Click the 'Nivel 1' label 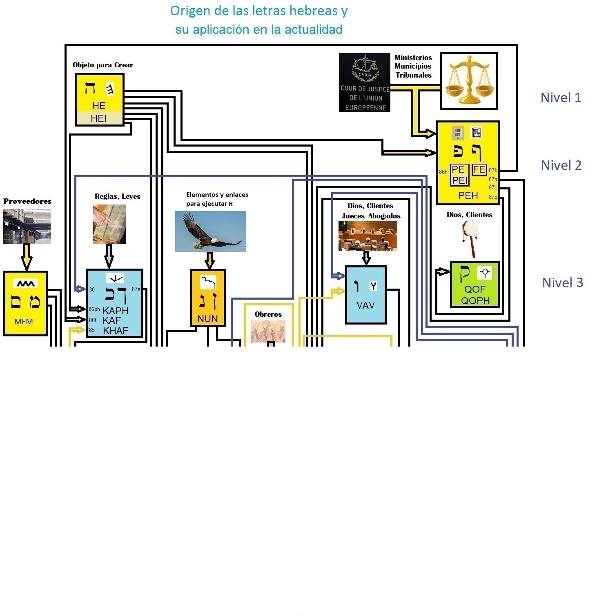point(561,98)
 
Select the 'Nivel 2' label point(561,165)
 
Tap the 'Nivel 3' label point(562,282)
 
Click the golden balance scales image point(469,81)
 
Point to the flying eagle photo point(210,231)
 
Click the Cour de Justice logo point(364,82)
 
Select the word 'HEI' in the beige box point(98,118)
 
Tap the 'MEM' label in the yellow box point(24,322)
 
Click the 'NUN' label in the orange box point(207,319)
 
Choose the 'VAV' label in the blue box point(365,305)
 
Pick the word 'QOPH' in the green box point(475,301)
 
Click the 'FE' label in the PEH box point(479,169)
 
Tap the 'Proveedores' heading point(27,201)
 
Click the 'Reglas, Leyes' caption point(118,196)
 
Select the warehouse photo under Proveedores point(27,227)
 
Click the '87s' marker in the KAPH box point(136,289)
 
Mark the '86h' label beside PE point(443,172)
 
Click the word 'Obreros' point(268,314)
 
